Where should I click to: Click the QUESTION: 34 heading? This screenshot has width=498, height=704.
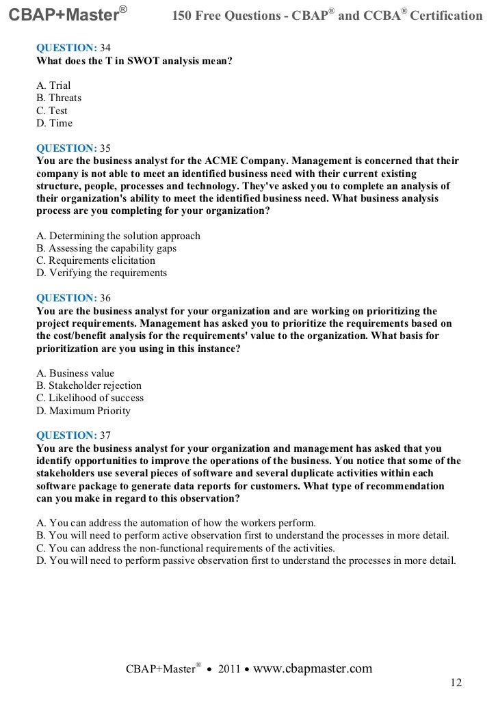(x=73, y=48)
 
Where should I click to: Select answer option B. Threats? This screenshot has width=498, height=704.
(x=59, y=98)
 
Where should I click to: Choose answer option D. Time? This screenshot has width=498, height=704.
(x=54, y=123)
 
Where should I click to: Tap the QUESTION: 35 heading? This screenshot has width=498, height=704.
(x=73, y=148)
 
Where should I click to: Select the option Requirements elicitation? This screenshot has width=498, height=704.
(x=96, y=260)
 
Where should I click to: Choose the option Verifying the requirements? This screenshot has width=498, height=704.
(x=101, y=273)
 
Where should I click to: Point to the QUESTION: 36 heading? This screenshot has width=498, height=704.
(x=73, y=298)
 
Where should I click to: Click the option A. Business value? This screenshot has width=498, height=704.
(x=75, y=373)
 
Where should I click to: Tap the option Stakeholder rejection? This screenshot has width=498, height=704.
(x=89, y=385)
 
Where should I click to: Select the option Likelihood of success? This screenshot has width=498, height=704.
(x=90, y=398)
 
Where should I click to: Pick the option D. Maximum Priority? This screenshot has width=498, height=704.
(x=83, y=411)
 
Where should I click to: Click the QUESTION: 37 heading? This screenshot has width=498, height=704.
(x=73, y=435)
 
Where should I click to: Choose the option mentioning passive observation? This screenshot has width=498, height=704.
(x=246, y=561)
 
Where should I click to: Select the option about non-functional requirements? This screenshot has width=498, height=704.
(x=185, y=548)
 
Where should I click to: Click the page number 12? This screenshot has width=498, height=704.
(x=456, y=683)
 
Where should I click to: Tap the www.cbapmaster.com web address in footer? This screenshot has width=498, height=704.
(x=313, y=668)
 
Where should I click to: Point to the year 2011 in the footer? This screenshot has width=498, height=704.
(x=228, y=669)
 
